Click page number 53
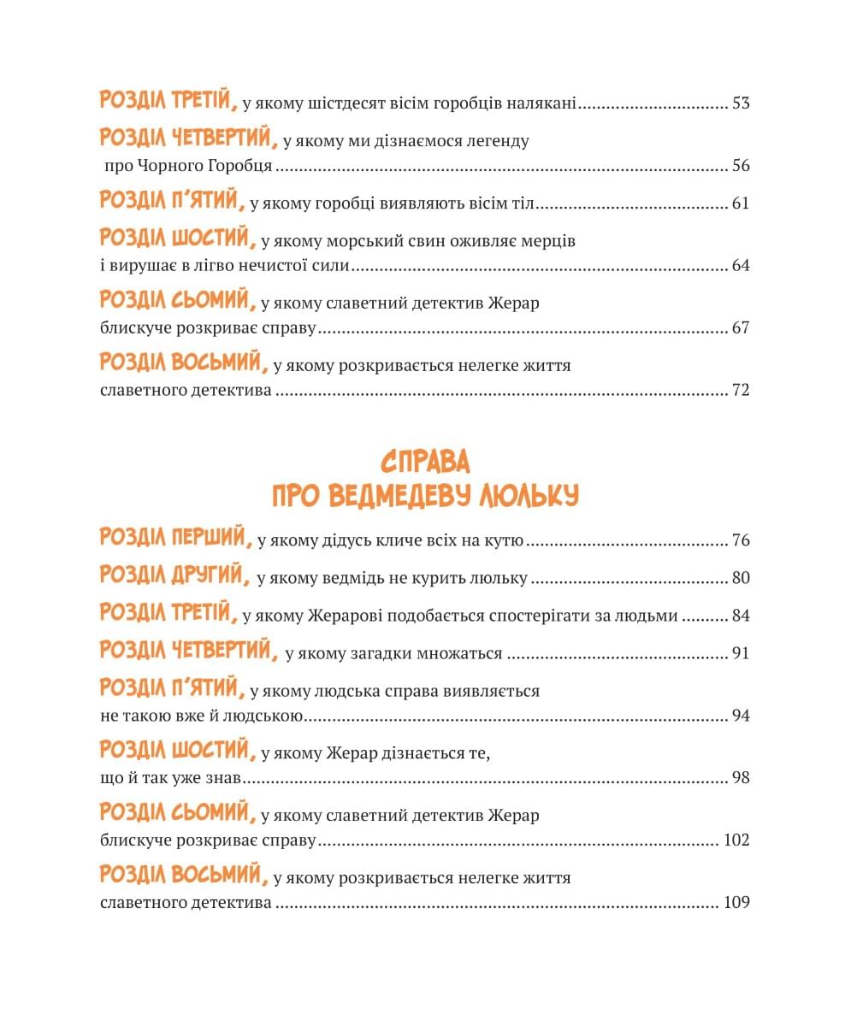pos(741,104)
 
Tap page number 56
pos(741,166)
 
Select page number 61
pos(741,203)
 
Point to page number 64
pos(741,265)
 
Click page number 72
pos(741,390)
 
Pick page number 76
pos(741,541)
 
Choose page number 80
pos(741,579)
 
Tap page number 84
pos(741,616)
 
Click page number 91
pos(741,654)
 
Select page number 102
pos(736,840)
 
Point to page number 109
pos(736,903)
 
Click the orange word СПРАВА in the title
pos(425,462)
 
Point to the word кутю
pos(504,541)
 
